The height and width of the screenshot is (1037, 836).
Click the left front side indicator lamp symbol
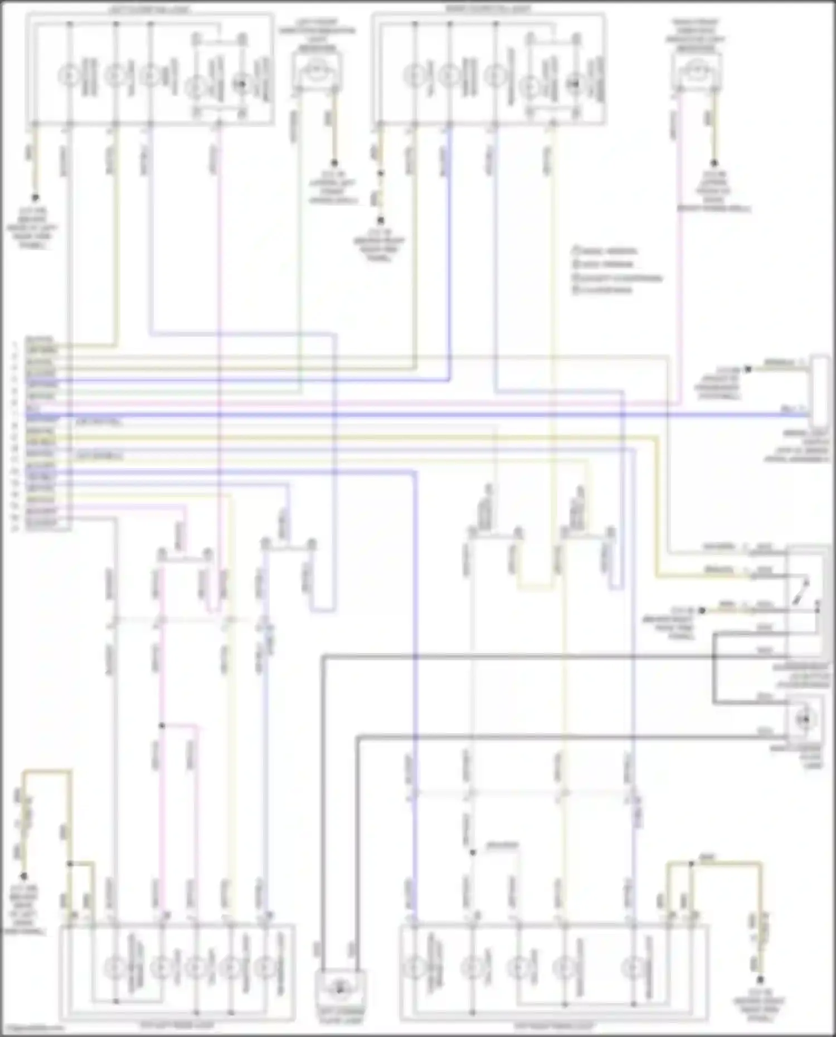[317, 71]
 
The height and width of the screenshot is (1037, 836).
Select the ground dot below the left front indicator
[334, 163]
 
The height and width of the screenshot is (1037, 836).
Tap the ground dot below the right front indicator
[714, 163]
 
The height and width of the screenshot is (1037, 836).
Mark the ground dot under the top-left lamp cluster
[35, 198]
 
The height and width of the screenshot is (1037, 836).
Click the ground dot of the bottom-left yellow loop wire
[24, 876]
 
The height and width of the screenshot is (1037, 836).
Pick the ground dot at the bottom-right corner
[760, 980]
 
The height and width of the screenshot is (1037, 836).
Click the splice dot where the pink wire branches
[162, 726]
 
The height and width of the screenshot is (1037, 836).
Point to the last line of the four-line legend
[602, 290]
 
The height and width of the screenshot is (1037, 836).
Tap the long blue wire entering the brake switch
[446, 415]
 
